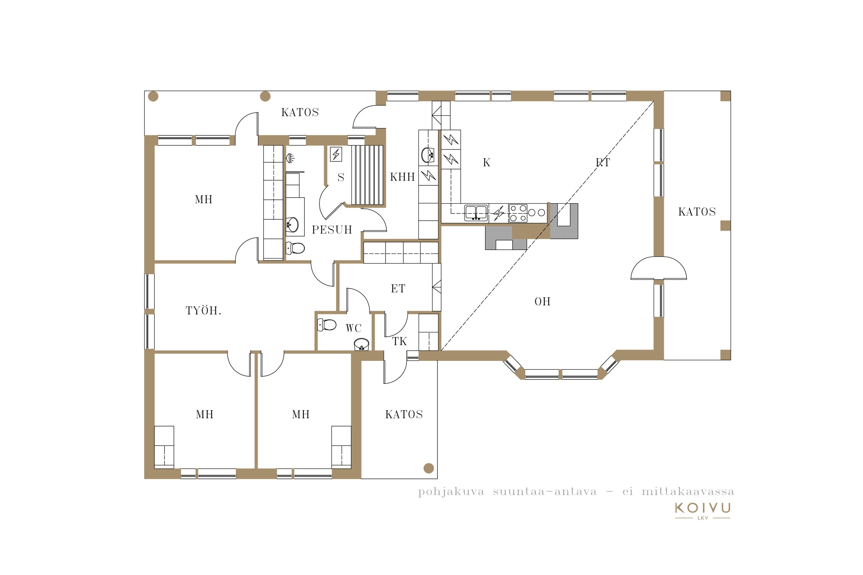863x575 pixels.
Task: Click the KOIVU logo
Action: point(703,511)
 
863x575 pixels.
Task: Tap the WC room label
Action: point(353,328)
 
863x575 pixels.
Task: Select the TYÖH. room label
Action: point(203,310)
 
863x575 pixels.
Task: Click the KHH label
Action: point(402,177)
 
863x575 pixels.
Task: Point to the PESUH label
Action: point(332,229)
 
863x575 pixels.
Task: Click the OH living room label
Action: point(542,301)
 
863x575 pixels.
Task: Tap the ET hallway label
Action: point(398,289)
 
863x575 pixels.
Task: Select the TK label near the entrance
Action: point(399,342)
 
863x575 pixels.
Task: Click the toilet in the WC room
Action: point(327,325)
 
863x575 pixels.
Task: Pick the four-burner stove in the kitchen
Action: point(518,213)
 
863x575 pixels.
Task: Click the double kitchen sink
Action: point(476,213)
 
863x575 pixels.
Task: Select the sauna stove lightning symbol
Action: point(336,154)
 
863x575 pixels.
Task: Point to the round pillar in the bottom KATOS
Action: point(429,468)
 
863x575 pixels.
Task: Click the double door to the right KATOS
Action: point(659,269)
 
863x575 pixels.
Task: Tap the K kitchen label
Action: point(486,162)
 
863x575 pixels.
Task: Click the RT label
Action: point(603,162)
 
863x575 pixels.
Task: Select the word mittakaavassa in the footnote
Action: point(688,492)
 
